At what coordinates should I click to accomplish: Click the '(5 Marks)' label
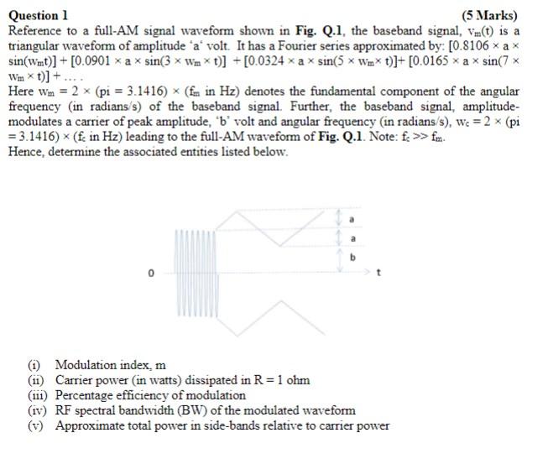point(490,15)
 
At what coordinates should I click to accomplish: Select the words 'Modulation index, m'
point(111,365)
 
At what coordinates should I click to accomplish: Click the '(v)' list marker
point(37,425)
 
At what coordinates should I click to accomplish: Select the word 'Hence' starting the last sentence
point(24,152)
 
